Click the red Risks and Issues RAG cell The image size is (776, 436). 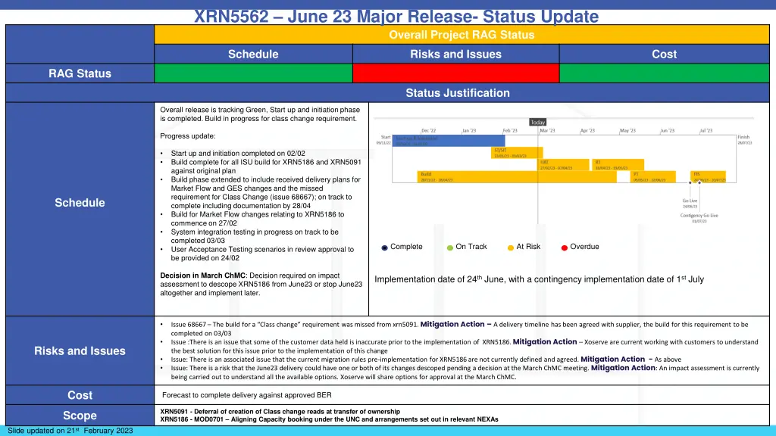click(455, 73)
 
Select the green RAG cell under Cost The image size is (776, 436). click(664, 73)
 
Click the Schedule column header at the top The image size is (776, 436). click(253, 54)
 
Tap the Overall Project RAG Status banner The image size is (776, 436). click(461, 35)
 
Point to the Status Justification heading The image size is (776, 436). click(457, 93)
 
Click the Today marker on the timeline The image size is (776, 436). click(537, 122)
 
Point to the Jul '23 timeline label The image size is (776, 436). click(706, 130)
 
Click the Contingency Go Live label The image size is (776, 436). click(699, 215)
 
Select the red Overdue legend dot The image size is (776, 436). click(565, 248)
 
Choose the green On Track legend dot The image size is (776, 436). click(450, 248)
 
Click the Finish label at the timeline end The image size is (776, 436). click(743, 137)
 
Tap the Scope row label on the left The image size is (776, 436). click(80, 416)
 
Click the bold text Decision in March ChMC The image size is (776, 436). click(203, 276)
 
